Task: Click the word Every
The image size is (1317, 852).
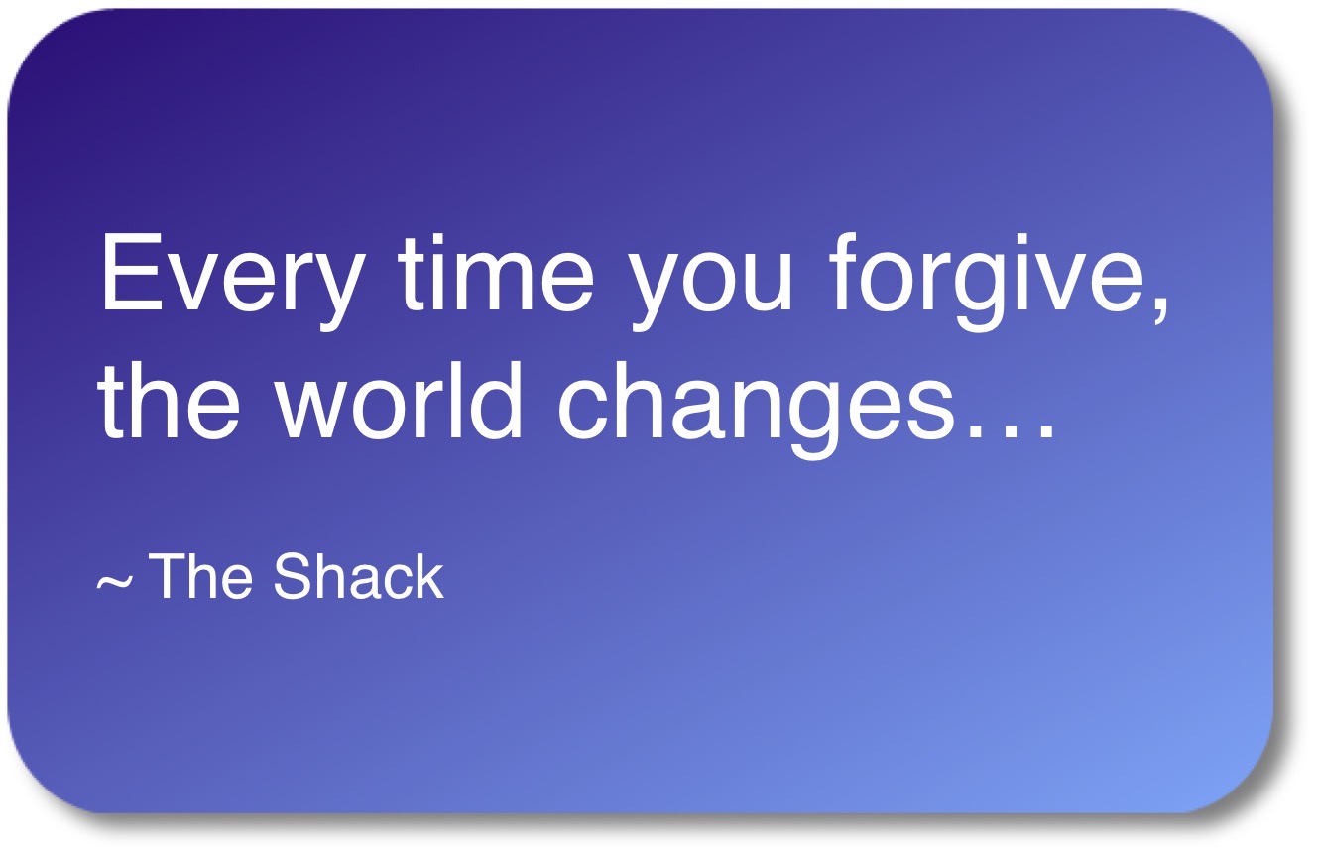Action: (x=230, y=281)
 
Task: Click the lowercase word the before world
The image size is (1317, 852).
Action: (x=169, y=400)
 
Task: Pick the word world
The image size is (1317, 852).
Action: (x=399, y=400)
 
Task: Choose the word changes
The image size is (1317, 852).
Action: (x=755, y=410)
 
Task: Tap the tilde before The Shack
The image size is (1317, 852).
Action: (x=115, y=582)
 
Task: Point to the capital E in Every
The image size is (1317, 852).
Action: (x=132, y=272)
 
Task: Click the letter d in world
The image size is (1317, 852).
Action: (x=496, y=401)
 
